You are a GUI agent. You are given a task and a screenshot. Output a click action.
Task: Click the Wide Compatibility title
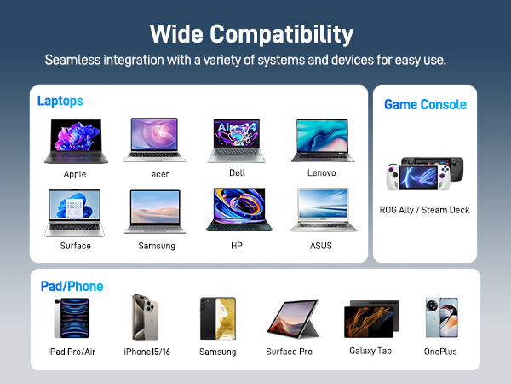[x=251, y=34]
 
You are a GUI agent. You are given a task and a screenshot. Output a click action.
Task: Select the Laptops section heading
[x=60, y=101]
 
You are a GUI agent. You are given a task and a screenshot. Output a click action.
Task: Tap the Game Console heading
[x=425, y=104]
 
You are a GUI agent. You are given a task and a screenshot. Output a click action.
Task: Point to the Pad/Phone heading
[x=72, y=286]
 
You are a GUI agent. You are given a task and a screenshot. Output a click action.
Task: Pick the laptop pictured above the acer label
[x=154, y=140]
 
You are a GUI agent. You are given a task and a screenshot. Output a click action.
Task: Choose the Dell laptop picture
[x=238, y=140]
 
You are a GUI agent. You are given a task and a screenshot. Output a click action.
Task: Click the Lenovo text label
[x=321, y=173]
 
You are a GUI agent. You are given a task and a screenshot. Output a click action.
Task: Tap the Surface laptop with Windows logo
[x=72, y=212]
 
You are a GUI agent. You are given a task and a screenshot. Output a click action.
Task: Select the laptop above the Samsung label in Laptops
[x=156, y=212]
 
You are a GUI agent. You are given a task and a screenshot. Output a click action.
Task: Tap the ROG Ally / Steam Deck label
[x=424, y=210]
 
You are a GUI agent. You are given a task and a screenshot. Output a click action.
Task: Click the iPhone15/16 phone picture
[x=143, y=318]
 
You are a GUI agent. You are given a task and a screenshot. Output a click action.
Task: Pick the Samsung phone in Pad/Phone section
[x=217, y=319]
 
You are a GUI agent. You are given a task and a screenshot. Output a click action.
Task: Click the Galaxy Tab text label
[x=370, y=351]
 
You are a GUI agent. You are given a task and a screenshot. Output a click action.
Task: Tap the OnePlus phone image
[x=441, y=318]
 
